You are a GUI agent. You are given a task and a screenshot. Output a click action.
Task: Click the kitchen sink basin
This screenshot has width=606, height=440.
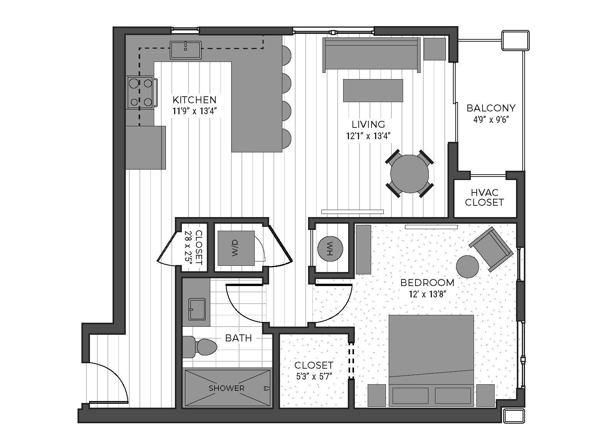point(186,50)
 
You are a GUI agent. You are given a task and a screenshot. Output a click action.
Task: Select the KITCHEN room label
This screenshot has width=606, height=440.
point(194,100)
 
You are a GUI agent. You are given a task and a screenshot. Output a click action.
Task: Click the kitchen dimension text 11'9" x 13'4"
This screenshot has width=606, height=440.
point(195,111)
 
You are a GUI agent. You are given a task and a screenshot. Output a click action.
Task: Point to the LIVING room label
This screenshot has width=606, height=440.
point(368,125)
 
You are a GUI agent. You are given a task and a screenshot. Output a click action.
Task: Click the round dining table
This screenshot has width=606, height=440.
point(409,174)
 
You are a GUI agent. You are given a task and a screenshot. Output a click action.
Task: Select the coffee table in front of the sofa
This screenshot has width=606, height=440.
point(373,90)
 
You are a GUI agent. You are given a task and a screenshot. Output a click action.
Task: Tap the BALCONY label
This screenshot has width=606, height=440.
point(491,108)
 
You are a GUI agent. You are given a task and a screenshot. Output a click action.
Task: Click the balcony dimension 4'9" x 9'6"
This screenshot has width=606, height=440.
point(491,119)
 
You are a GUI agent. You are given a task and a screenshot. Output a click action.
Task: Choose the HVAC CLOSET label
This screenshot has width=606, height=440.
point(484,197)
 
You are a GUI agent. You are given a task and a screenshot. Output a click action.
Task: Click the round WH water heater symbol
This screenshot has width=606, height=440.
point(330,249)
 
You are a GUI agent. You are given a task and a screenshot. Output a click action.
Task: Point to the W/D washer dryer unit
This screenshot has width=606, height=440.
point(236,248)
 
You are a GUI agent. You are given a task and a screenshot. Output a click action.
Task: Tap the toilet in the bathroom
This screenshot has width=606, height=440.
point(200,347)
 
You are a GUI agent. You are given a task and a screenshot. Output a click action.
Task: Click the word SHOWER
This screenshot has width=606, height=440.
point(226,388)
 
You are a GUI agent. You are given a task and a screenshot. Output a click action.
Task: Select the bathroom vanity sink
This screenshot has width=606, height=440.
point(197,309)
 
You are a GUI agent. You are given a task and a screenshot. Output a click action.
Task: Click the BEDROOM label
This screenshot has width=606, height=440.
point(427,283)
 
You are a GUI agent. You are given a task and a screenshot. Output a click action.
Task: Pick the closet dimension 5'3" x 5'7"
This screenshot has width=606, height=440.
point(314,376)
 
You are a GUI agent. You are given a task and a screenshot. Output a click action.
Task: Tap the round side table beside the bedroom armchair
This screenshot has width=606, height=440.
point(467,267)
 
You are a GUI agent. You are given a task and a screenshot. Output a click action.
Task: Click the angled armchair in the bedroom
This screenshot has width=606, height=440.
point(491,249)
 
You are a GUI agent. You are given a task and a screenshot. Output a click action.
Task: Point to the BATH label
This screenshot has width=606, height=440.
point(238,338)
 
